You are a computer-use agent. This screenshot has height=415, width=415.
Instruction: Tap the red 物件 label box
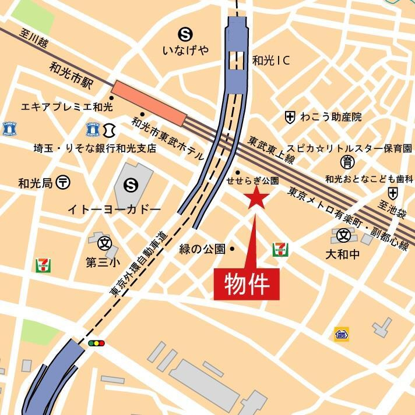tap(247, 284)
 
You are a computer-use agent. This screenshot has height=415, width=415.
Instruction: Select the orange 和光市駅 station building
tap(149, 103)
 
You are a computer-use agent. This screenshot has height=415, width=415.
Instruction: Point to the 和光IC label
tap(271, 59)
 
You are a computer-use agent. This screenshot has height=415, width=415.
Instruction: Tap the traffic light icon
tap(96, 343)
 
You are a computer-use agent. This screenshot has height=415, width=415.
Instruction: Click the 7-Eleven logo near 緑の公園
tap(280, 250)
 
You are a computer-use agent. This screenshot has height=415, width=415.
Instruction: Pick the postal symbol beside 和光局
tap(64, 183)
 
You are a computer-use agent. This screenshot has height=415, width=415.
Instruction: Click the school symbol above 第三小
tap(105, 242)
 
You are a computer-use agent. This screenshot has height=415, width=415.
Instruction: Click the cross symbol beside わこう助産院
tap(290, 117)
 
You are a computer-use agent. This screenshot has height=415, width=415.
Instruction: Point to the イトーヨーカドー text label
tap(114, 208)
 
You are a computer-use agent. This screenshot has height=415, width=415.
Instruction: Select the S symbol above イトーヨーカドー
tap(131, 186)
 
